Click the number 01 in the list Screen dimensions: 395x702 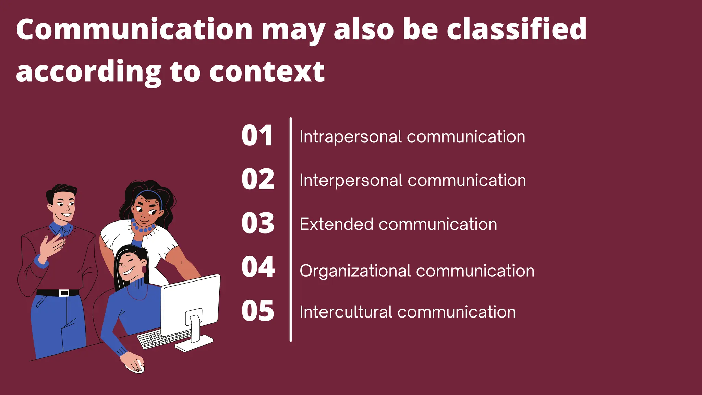click(257, 136)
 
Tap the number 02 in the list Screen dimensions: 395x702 click(258, 179)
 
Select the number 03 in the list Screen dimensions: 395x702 click(258, 223)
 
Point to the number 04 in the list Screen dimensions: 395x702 click(258, 267)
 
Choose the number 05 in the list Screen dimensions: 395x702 click(258, 311)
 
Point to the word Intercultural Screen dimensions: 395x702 click(346, 312)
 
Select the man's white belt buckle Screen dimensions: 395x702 click(64, 293)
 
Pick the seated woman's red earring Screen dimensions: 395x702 click(144, 270)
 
